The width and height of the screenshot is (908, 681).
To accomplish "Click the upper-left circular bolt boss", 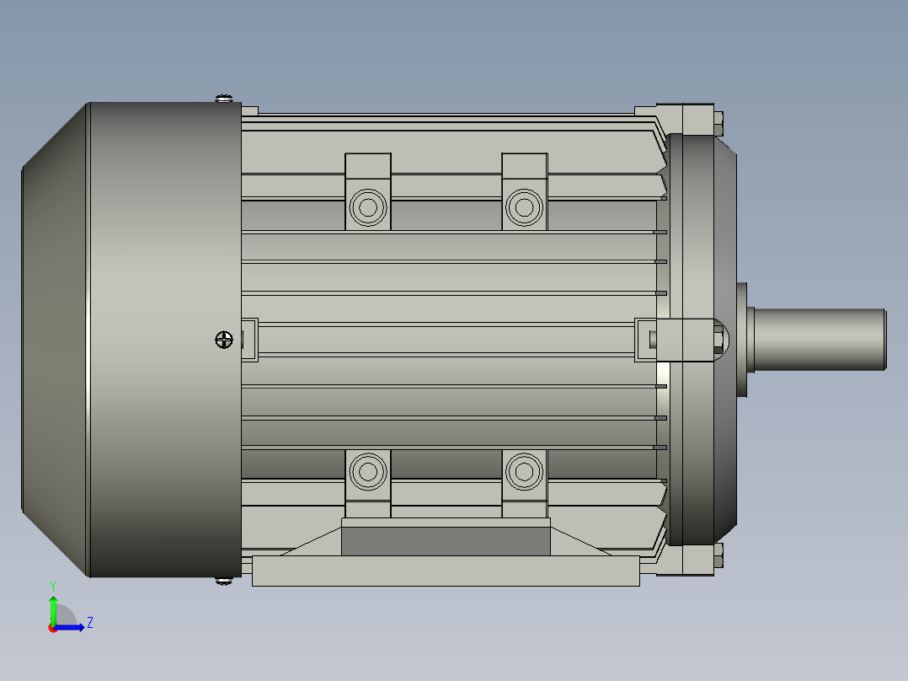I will pos(367,206).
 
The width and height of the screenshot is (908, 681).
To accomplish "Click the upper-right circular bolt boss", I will pos(524,206).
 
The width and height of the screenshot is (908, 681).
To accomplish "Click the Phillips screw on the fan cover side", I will pos(223,340).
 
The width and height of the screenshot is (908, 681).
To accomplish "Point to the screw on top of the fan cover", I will pos(224,99).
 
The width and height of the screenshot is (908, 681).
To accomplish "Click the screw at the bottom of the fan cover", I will pos(223,581).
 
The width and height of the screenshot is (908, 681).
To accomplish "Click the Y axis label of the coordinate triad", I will pos(53,585).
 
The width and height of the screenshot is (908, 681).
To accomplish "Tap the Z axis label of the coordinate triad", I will pos(89,623).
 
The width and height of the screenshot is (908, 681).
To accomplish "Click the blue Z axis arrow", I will pos(72,627).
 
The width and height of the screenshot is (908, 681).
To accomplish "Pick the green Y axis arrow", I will pos(53,609).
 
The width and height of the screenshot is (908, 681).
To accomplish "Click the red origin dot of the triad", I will pos(52,628).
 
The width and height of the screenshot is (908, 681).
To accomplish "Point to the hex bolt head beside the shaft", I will pos(718,340).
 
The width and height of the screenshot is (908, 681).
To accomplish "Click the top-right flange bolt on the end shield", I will pos(718,122).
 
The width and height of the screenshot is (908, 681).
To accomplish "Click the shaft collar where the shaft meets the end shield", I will pos(743,340).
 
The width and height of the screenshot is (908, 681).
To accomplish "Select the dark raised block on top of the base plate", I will pos(446,540).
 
